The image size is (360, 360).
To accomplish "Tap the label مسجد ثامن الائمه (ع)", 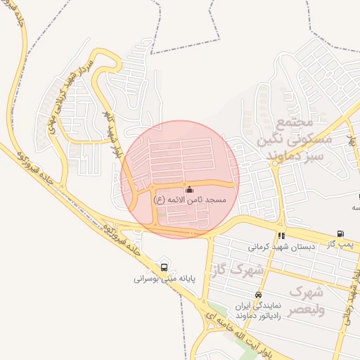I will (191, 200).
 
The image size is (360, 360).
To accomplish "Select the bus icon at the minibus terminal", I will (165, 267).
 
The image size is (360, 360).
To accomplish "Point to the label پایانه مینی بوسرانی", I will (163, 278).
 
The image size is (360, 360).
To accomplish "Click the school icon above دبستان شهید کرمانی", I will (281, 236).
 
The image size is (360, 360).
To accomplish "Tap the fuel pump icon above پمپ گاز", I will (340, 234).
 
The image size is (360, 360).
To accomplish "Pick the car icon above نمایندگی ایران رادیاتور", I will (259, 295).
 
